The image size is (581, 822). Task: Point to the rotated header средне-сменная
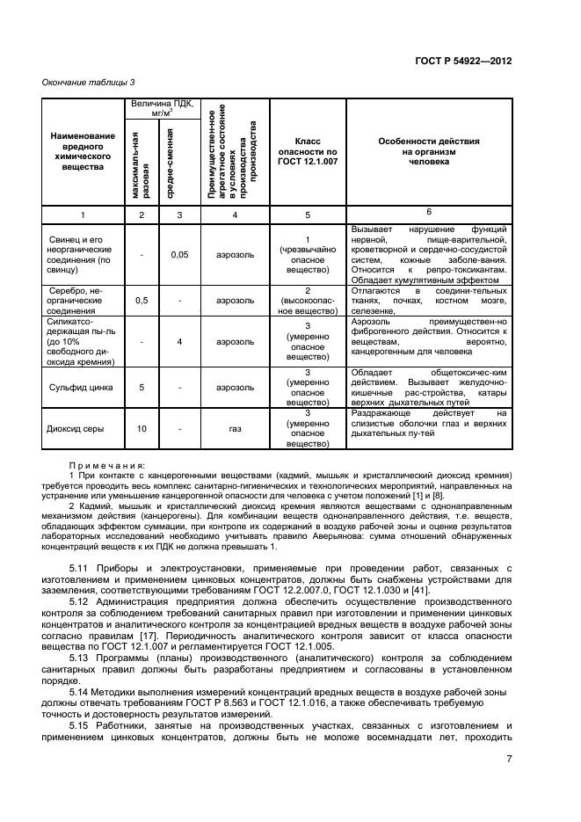point(178,164)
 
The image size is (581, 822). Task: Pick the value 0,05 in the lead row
point(178,255)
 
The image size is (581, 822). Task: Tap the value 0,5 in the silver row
point(142,301)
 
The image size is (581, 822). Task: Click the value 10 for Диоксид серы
point(142,429)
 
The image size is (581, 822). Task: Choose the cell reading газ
point(234,429)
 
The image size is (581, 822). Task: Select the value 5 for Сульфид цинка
point(142,386)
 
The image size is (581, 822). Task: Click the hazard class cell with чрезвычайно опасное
point(307,255)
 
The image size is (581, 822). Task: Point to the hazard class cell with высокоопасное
point(307,301)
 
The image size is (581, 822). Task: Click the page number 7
point(509,761)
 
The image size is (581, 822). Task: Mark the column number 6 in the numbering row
point(428,212)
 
